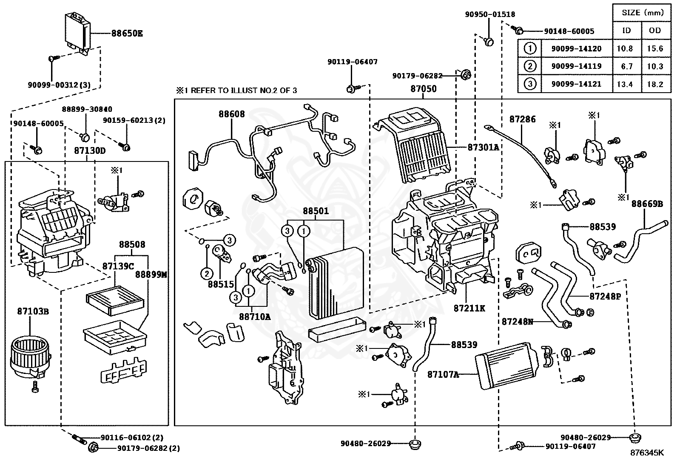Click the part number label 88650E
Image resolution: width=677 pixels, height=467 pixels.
click(127, 33)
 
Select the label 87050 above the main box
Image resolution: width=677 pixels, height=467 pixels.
click(423, 89)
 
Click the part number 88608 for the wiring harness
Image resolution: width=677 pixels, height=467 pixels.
click(232, 114)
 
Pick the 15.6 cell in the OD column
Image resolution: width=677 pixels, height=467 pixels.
click(655, 48)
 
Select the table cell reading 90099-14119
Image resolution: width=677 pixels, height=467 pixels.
click(576, 66)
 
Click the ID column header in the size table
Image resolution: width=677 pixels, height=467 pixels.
click(627, 30)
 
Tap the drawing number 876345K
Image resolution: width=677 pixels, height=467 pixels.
click(646, 453)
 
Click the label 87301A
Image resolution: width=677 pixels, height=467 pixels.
click(483, 147)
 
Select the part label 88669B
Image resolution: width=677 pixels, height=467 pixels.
click(647, 204)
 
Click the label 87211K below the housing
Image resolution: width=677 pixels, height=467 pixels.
click(469, 309)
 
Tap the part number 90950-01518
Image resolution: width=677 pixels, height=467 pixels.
click(489, 14)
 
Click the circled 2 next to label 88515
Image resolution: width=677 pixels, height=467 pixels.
click(207, 273)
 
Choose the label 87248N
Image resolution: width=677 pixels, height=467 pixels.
click(517, 322)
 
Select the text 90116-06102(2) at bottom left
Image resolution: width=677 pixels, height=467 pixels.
click(131, 438)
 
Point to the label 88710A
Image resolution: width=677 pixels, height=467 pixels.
click(255, 317)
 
